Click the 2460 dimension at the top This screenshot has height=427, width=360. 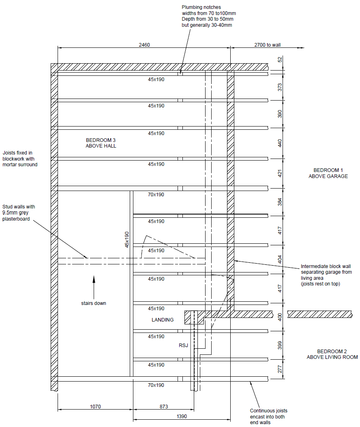[144, 45]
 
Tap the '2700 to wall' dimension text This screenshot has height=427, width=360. [268, 45]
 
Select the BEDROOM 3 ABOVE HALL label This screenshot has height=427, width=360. [101, 143]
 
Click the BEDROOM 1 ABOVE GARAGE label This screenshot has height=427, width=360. [328, 173]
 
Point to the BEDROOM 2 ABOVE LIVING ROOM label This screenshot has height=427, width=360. [332, 354]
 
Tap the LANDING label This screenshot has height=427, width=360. [163, 320]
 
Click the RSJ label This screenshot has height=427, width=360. [183, 345]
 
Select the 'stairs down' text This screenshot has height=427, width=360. [93, 303]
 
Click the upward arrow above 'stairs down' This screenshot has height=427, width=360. [94, 288]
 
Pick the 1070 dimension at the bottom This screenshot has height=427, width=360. [95, 407]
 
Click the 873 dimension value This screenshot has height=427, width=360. [164, 407]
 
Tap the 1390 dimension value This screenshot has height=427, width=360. [182, 416]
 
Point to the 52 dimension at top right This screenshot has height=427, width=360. [280, 59]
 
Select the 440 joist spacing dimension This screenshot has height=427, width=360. [280, 143]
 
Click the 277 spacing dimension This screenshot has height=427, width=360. [280, 369]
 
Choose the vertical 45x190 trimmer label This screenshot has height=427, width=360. [127, 240]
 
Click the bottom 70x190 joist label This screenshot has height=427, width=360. [156, 385]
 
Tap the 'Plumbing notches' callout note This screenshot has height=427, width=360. [209, 16]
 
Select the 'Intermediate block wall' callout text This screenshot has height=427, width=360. [326, 275]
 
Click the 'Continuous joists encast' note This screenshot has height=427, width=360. [268, 416]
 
